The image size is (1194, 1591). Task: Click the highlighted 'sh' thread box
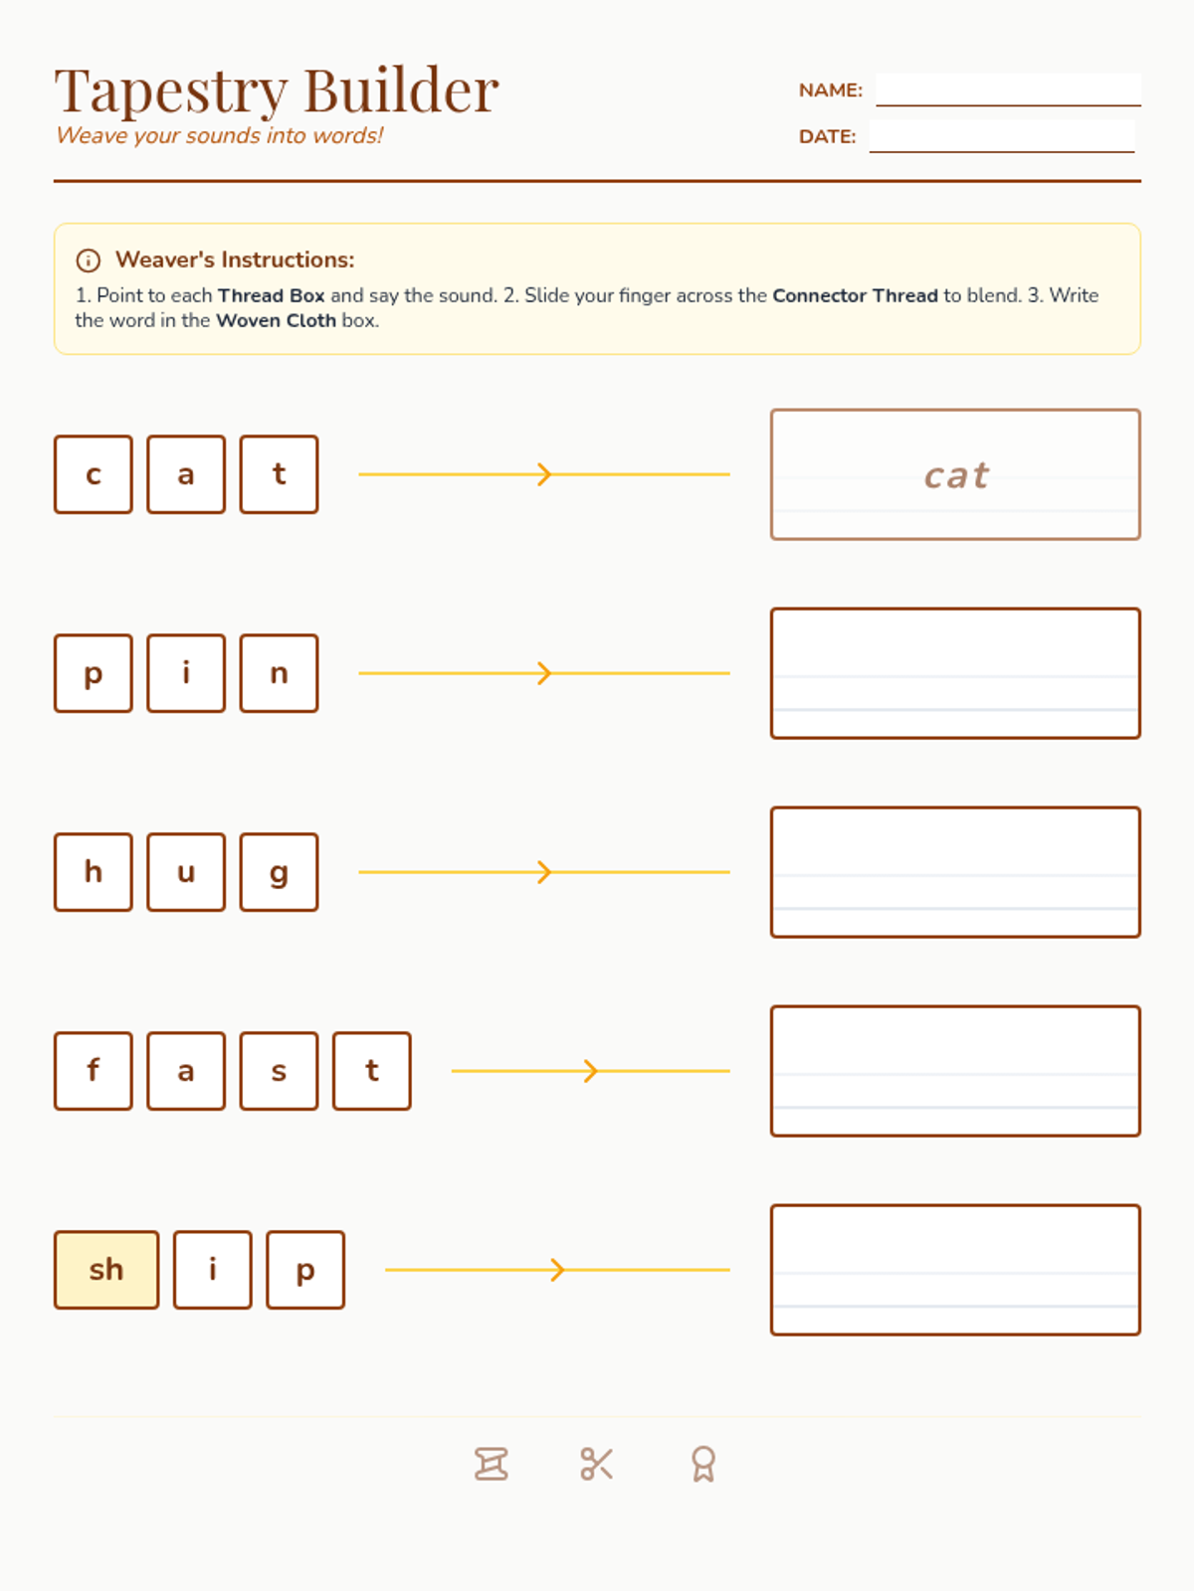(x=106, y=1269)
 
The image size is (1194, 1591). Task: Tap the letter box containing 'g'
(x=280, y=871)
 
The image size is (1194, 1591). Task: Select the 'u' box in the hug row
(x=186, y=871)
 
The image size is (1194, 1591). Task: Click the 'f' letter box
(x=94, y=1071)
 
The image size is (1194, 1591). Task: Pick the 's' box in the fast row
(x=280, y=1071)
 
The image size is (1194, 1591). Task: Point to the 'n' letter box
(x=280, y=672)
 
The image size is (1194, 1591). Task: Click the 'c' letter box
(x=94, y=474)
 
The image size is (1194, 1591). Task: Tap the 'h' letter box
(x=94, y=871)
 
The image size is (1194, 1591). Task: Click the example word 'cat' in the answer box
(x=956, y=475)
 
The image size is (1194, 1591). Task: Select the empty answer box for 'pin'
(x=955, y=672)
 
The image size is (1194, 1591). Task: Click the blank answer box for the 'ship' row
(x=955, y=1269)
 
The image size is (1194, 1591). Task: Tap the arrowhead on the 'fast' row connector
(x=592, y=1071)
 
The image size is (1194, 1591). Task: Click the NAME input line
(x=1008, y=89)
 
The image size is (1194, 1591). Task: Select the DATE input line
(x=1002, y=136)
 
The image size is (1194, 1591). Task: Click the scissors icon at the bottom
(x=597, y=1464)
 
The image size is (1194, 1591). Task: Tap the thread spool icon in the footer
(x=491, y=1464)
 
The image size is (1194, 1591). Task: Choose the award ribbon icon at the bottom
(x=703, y=1464)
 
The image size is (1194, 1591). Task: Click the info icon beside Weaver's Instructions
(x=89, y=261)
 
